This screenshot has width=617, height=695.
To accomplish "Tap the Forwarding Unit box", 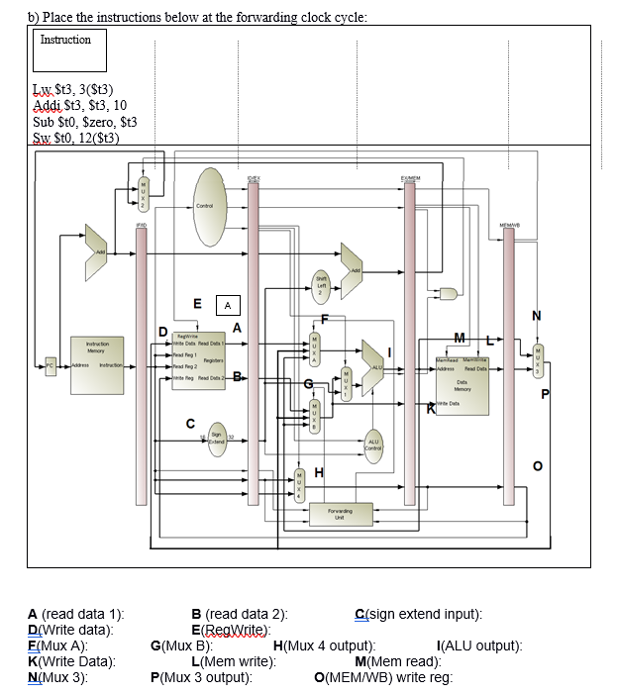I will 339,514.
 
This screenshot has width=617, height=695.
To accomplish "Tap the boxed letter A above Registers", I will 227,306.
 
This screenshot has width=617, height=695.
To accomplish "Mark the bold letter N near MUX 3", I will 536,316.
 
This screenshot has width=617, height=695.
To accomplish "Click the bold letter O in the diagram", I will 537,465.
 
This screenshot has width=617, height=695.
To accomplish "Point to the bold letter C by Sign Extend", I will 191,424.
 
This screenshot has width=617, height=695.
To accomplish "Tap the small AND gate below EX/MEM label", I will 450,293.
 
